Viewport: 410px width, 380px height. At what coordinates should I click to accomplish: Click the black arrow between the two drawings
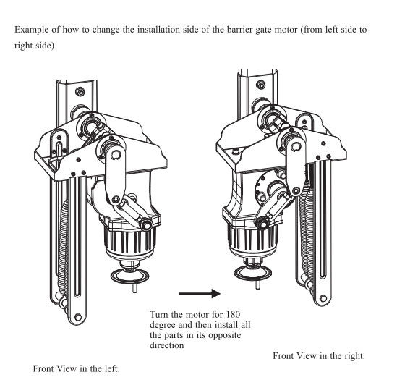click(x=200, y=293)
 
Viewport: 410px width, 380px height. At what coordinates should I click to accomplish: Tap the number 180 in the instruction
click(x=232, y=314)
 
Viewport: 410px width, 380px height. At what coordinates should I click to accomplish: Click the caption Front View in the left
click(x=76, y=368)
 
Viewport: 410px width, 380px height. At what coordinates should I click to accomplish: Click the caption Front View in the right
click(x=318, y=356)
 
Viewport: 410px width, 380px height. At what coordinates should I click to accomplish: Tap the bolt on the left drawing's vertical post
click(x=80, y=92)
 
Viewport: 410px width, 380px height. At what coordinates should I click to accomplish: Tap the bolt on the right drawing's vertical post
click(x=260, y=85)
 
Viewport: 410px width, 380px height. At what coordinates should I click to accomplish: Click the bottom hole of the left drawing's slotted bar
click(x=77, y=317)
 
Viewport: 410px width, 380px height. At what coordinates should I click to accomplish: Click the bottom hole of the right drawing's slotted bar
click(x=323, y=298)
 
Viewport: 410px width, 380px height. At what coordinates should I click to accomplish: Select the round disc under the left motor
click(x=129, y=276)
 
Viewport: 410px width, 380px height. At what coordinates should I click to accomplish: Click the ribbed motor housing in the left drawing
click(x=130, y=240)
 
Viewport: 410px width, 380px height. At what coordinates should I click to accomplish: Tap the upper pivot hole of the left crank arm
click(x=114, y=155)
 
